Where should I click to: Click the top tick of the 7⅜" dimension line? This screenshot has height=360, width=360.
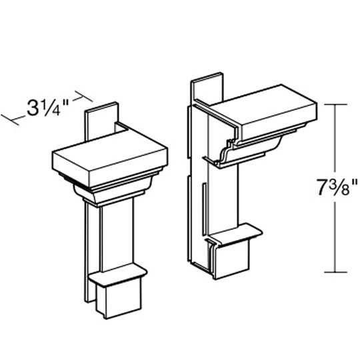335,104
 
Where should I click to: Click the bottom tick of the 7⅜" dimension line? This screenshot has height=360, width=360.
335,273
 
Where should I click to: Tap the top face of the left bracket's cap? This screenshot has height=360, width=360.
111,148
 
